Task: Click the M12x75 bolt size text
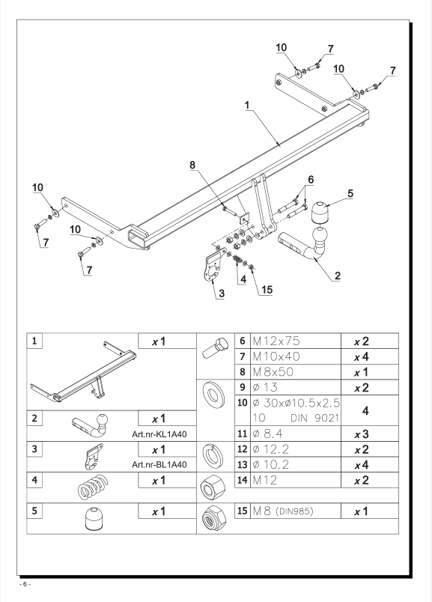tap(276, 341)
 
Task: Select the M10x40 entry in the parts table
tap(276, 356)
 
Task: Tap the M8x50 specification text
tap(273, 371)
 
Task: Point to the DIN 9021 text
tap(315, 418)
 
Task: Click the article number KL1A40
tap(159, 434)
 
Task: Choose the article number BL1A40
tap(159, 464)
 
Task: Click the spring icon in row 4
tap(94, 487)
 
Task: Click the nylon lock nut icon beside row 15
tap(214, 518)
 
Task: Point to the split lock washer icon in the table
tap(213, 456)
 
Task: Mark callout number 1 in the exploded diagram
tap(247, 105)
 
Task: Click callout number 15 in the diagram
tap(267, 290)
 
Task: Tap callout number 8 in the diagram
tap(192, 165)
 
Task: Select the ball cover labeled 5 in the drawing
tap(320, 213)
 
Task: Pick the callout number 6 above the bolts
tap(311, 179)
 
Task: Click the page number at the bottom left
tap(25, 584)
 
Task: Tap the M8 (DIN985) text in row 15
tap(283, 511)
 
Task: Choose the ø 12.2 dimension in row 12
tap(271, 449)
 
